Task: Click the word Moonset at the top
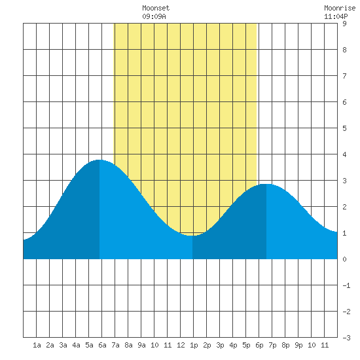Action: (x=156, y=8)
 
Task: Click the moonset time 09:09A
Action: (x=154, y=16)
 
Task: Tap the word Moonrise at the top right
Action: (x=340, y=8)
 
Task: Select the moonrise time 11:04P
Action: (x=336, y=16)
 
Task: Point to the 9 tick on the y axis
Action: (x=344, y=24)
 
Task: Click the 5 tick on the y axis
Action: (x=344, y=128)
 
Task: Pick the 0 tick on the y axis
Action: (x=344, y=259)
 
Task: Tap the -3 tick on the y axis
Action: (x=346, y=338)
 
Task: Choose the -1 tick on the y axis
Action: (x=346, y=285)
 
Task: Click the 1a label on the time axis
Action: (x=37, y=345)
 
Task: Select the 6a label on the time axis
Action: (x=102, y=345)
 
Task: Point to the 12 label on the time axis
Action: (x=181, y=345)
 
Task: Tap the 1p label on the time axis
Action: (x=194, y=345)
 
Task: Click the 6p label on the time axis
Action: (x=259, y=345)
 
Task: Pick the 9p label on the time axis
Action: (x=298, y=345)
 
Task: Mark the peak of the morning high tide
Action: (x=99, y=160)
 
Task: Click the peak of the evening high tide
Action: (x=266, y=184)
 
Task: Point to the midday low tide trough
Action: (x=192, y=236)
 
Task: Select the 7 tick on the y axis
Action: (x=344, y=76)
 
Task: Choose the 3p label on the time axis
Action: (x=220, y=345)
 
